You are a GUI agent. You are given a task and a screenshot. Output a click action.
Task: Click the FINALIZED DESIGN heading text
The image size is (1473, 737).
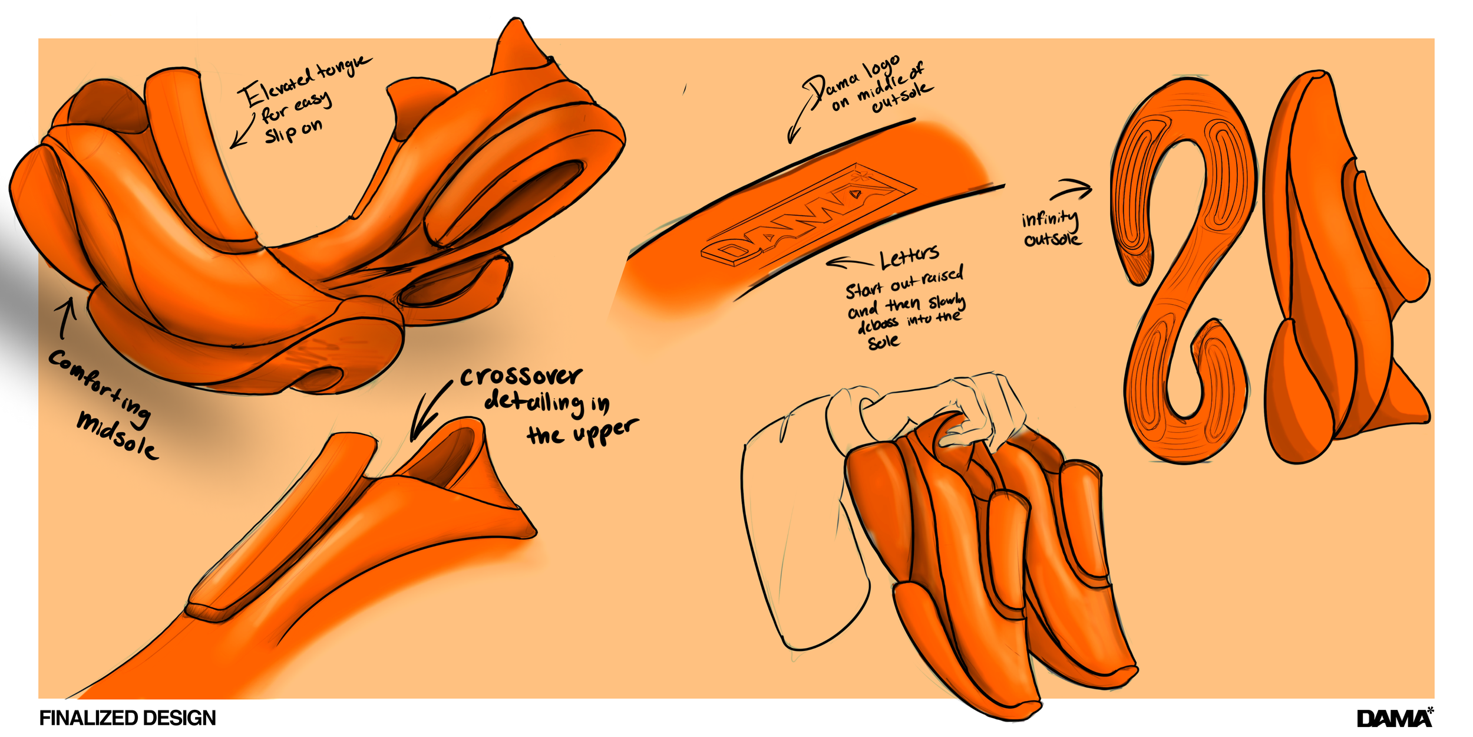click(x=127, y=718)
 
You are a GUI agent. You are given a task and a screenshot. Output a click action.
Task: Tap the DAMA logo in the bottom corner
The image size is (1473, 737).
click(x=1394, y=718)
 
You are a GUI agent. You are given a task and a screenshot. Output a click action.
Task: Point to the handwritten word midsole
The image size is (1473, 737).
click(x=117, y=436)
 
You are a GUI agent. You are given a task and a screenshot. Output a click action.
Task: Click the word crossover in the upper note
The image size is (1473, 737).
click(x=521, y=376)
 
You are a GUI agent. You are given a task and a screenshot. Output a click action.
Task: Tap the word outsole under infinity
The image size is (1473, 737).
click(x=1052, y=239)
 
